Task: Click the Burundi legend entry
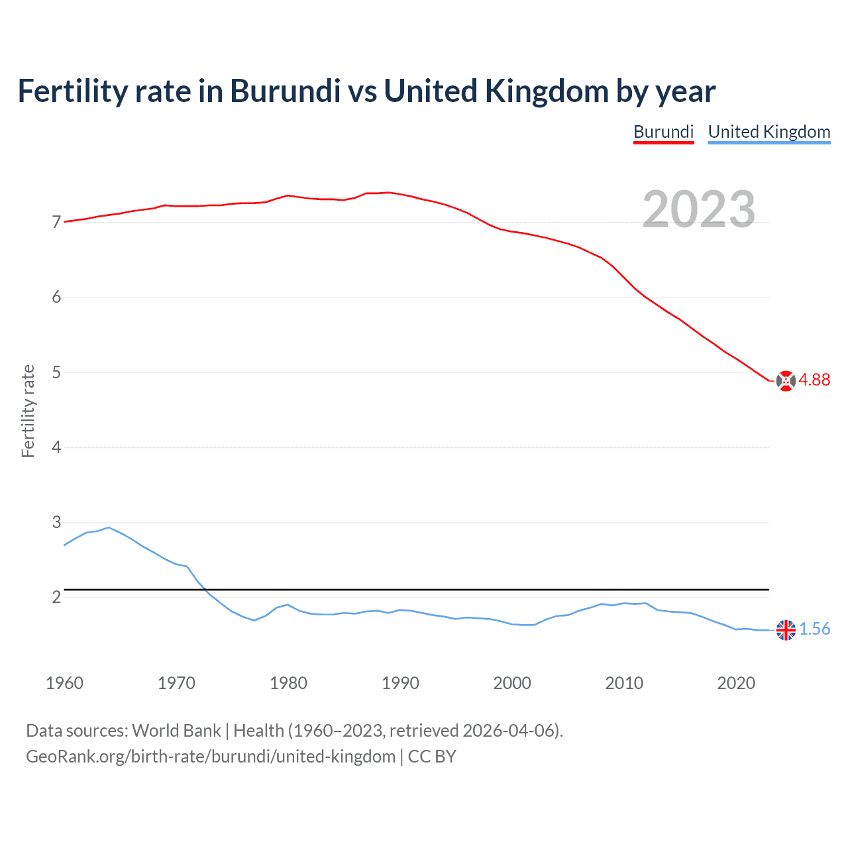(663, 132)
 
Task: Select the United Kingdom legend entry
(768, 132)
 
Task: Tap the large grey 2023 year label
(698, 209)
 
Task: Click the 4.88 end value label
(814, 380)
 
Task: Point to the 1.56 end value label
(814, 629)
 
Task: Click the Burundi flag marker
(786, 381)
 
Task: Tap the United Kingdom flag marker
(786, 630)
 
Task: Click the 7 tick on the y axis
(56, 223)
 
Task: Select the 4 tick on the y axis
(56, 447)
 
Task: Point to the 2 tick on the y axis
(56, 598)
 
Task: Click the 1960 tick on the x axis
(64, 683)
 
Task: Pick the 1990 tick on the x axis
(400, 683)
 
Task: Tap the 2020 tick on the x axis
(736, 683)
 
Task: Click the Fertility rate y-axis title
(28, 411)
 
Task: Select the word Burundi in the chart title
(285, 91)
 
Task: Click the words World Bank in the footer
(176, 731)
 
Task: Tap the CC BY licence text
(432, 757)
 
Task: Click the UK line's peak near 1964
(109, 527)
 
